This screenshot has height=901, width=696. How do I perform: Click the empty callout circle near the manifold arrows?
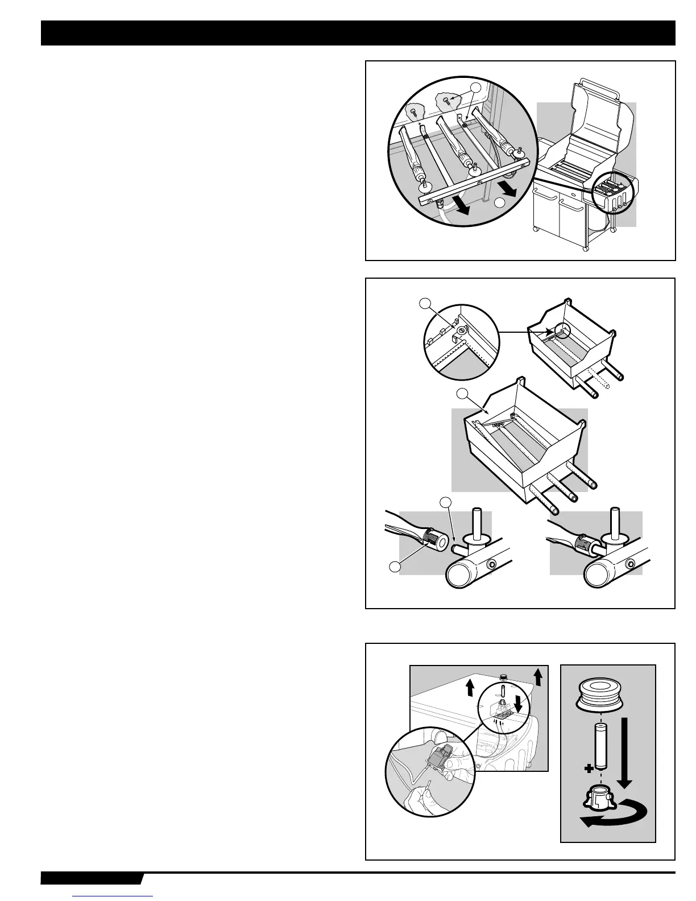pos(499,204)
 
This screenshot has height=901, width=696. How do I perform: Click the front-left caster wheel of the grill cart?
pos(536,229)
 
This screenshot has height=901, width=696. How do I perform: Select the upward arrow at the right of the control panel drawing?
pos(538,675)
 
